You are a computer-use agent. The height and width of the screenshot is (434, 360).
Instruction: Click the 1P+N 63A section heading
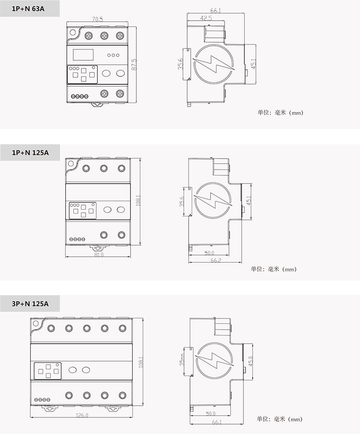[x=28, y=9]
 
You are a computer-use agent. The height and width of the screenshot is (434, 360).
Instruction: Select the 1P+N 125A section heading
[x=30, y=152]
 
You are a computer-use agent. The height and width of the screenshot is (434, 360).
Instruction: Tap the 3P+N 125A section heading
[x=30, y=304]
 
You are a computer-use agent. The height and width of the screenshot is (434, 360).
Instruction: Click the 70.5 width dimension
[x=98, y=19]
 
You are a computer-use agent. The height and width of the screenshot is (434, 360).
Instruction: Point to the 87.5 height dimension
[x=134, y=64]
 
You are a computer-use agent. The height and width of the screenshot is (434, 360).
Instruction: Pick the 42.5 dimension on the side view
[x=206, y=18]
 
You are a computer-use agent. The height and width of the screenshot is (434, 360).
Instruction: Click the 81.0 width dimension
[x=99, y=255]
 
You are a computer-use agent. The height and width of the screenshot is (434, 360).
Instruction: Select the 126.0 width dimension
[x=82, y=415]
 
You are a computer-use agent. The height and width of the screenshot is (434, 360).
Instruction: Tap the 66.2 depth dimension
[x=216, y=260]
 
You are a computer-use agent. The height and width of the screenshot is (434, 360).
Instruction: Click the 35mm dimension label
[x=182, y=359]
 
